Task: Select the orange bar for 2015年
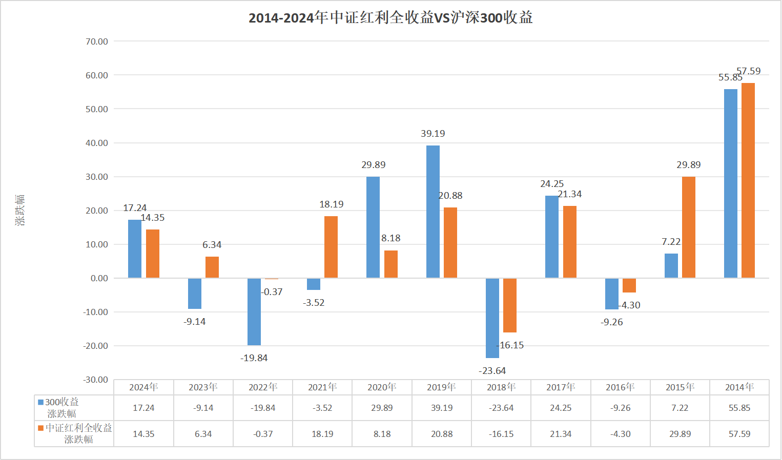pyautogui.click(x=688, y=227)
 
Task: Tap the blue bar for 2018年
pyautogui.click(x=492, y=318)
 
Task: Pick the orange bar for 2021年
pyautogui.click(x=331, y=247)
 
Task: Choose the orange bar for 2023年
pyautogui.click(x=212, y=267)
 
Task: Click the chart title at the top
pyautogui.click(x=390, y=17)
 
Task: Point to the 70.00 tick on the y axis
pyautogui.click(x=97, y=41)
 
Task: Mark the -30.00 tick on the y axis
pyautogui.click(x=96, y=380)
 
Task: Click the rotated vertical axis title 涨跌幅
pyautogui.click(x=19, y=210)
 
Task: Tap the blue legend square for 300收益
pyautogui.click(x=40, y=403)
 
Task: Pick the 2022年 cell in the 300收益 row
pyautogui.click(x=263, y=408)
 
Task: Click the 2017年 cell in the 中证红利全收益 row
pyautogui.click(x=561, y=434)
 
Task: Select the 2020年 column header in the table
pyautogui.click(x=382, y=387)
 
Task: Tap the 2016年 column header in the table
pyautogui.click(x=620, y=387)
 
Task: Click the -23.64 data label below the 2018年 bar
pyautogui.click(x=492, y=371)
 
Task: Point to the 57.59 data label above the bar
pyautogui.click(x=749, y=71)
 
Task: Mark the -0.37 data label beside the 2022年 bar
pyautogui.click(x=272, y=292)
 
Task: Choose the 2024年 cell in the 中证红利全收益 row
pyautogui.click(x=143, y=434)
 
